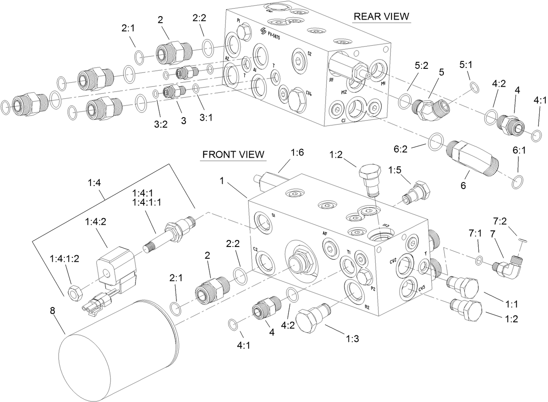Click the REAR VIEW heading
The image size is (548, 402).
(x=381, y=17)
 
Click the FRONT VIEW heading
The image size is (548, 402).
(x=233, y=155)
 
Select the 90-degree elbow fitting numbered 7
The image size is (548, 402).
(x=507, y=266)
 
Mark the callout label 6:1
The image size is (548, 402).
(x=518, y=152)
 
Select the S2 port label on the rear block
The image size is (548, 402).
(x=309, y=54)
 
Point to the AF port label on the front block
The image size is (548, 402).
(x=325, y=234)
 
